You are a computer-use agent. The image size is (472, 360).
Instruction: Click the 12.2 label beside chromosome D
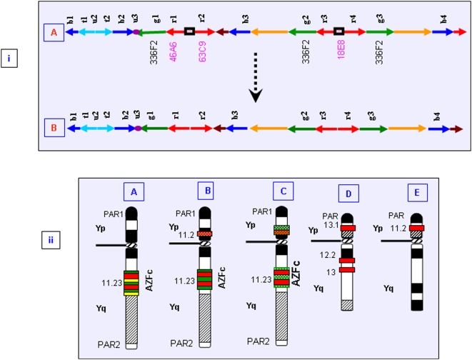pyautogui.click(x=329, y=255)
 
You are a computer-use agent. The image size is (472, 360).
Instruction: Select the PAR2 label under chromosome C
pyautogui.click(x=259, y=341)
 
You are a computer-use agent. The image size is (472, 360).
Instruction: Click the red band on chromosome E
pyautogui.click(x=416, y=228)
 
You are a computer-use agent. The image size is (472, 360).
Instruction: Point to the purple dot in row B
pyautogui.click(x=137, y=129)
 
